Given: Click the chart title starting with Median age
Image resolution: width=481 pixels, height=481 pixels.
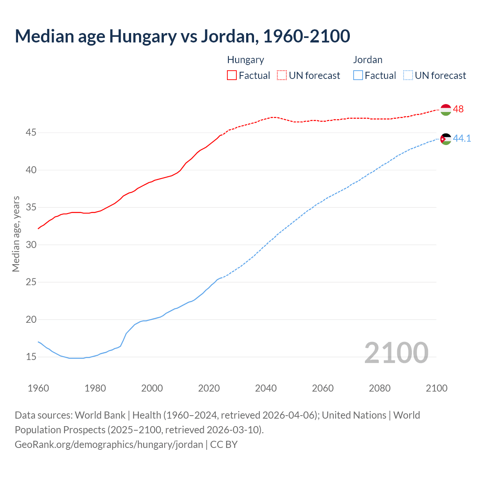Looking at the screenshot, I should coord(182,36).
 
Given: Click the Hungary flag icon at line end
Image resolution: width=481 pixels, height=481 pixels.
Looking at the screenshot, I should coord(446,109).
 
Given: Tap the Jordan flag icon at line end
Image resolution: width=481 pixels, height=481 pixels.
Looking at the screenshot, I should coord(446,139).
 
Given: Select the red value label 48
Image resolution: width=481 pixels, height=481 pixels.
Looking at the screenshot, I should coord(458,109).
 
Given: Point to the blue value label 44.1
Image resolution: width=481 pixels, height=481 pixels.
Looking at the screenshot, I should coord(462,138).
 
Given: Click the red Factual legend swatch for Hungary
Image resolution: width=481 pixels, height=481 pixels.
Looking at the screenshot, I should coord(232,75).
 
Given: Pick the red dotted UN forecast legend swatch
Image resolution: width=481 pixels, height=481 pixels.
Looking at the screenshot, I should coord(282,75).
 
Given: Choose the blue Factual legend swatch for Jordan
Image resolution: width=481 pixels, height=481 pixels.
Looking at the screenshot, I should coord(358,75).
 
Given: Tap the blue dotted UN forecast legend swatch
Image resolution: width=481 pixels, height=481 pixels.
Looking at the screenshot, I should coord(408,75).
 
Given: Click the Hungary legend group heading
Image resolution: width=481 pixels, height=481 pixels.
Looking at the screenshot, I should coord(245,60).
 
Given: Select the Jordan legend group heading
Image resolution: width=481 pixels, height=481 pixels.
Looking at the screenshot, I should coord(368,60).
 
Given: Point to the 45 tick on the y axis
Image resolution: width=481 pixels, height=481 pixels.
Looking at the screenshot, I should coord(31,133).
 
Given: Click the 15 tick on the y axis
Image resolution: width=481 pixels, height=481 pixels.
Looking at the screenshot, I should coord(31,357).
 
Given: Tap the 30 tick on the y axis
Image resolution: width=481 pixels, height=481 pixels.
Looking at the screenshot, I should coord(31,245).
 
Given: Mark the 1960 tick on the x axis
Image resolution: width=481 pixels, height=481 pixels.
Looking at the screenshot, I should coord(38,388).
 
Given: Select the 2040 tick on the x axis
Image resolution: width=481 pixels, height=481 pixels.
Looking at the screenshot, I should coord(266,388).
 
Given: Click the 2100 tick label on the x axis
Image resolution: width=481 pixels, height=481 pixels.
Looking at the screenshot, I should coord(436,388).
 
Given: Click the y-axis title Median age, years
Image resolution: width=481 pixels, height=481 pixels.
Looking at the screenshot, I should coord(16,234).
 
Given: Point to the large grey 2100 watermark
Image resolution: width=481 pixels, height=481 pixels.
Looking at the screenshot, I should coord(396,352).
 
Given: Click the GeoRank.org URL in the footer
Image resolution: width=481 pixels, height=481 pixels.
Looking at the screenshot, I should coord(109,444).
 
